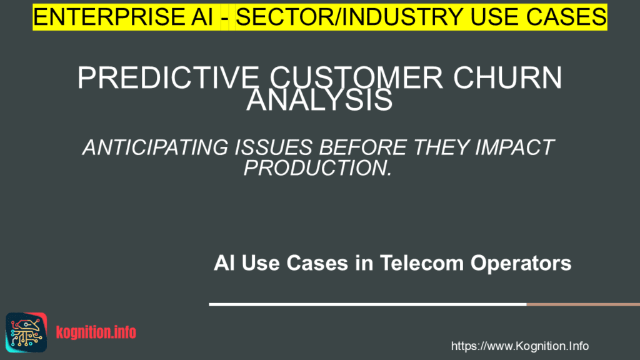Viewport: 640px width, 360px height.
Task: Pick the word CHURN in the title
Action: point(507,80)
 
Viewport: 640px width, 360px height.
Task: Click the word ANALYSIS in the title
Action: point(319,100)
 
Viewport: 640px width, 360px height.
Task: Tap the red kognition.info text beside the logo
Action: point(96,332)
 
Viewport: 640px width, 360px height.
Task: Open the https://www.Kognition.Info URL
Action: point(519,346)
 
